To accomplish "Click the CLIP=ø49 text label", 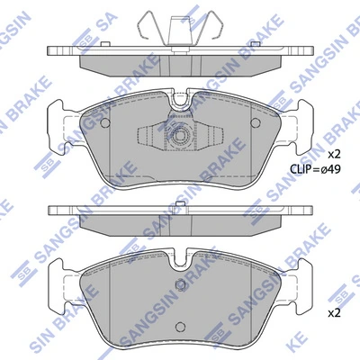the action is coord(315,169).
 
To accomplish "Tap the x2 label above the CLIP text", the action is coord(334,155).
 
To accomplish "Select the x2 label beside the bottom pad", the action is coord(334,313).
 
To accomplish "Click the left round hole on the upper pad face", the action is coord(105,122).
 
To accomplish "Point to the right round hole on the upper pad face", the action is coord(256,122).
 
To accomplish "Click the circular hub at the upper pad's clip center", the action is coord(180,136).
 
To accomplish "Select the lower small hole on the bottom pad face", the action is coord(180,327).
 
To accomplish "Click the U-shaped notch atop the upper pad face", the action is coord(180,99).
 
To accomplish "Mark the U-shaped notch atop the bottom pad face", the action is coord(180,258).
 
